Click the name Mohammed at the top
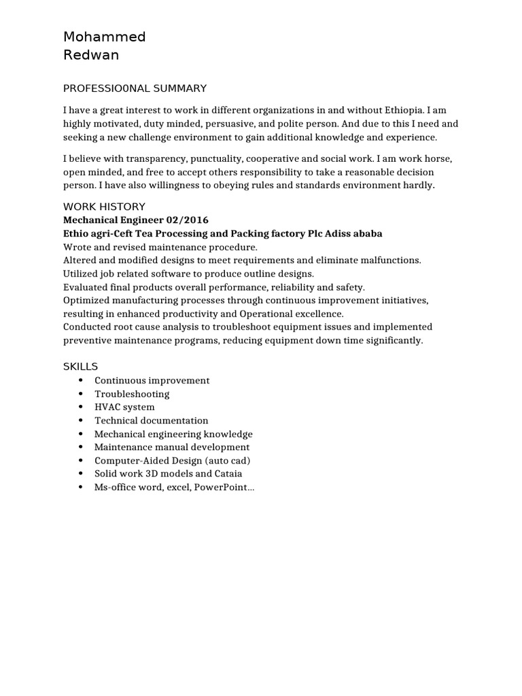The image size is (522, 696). coord(104,37)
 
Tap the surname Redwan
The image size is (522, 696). coord(91,56)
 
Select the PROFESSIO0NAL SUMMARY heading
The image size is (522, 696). coord(135,88)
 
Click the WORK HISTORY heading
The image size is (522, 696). coord(104,207)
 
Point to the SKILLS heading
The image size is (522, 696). coord(81,366)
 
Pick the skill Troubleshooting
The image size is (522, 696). coord(132,394)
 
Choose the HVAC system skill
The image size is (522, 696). coord(124,407)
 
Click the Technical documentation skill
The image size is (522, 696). coord(152,421)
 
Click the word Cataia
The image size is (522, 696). coord(228,474)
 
